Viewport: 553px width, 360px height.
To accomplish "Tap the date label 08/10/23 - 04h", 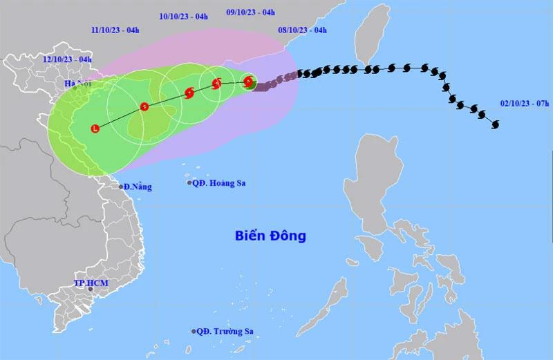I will [x=302, y=30].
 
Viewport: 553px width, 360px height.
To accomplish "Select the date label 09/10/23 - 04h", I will [x=251, y=12].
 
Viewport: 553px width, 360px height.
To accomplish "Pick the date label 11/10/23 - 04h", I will [x=115, y=30].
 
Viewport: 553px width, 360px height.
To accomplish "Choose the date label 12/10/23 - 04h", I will [x=67, y=59].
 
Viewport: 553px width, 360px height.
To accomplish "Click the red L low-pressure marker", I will [x=95, y=128].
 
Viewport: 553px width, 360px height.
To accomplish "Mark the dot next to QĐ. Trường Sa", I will [x=194, y=332].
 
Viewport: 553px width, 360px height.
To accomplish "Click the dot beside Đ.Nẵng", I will [x=121, y=187].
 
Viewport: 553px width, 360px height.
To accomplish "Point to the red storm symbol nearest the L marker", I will [x=144, y=106].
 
